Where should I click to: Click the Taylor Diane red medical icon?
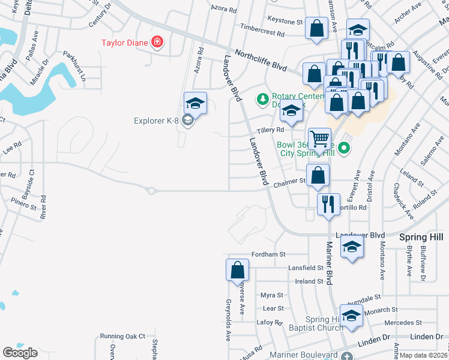pyautogui.click(x=157, y=42)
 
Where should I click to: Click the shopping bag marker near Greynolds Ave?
pyautogui.click(x=237, y=271)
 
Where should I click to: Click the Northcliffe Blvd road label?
pyautogui.click(x=261, y=61)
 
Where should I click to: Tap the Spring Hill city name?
pyautogui.click(x=424, y=238)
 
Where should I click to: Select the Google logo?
pyautogui.click(x=20, y=352)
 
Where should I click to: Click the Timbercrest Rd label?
pyautogui.click(x=265, y=28)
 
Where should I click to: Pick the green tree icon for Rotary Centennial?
pyautogui.click(x=262, y=98)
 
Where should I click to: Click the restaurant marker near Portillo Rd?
pyautogui.click(x=327, y=204)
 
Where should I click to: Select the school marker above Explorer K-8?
pyautogui.click(x=195, y=103)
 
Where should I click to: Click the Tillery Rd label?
pyautogui.click(x=270, y=130)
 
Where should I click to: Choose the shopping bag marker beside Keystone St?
pyautogui.click(x=316, y=28)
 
